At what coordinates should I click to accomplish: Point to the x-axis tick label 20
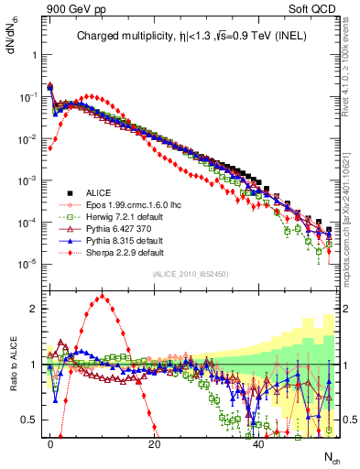pos(155,444)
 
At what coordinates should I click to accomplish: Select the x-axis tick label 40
pos(259,444)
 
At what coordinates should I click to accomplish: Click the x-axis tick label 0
pos(50,444)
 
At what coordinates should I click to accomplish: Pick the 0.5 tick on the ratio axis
pos(28,420)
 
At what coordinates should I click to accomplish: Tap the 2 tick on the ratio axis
pos(32,309)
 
